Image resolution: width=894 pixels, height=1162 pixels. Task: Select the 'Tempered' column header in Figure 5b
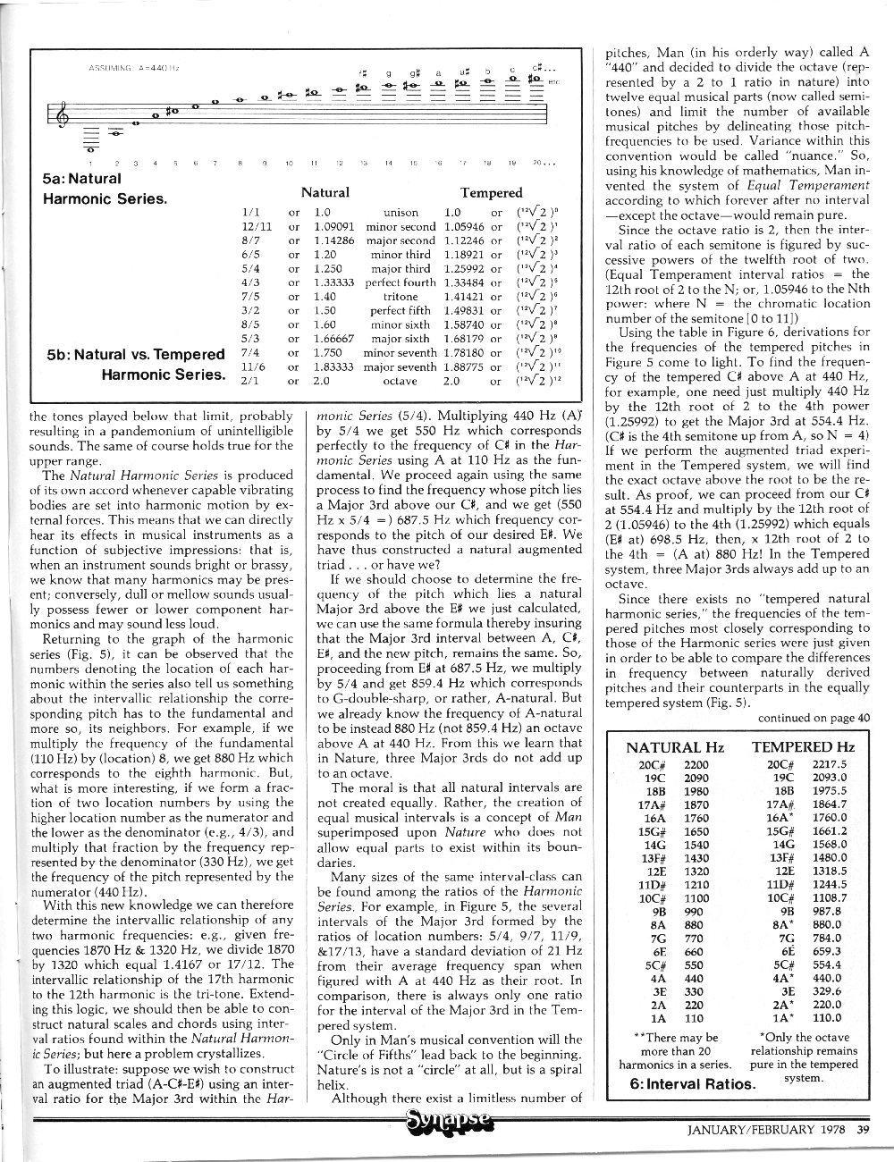click(491, 192)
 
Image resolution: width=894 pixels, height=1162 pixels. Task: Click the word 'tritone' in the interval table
click(401, 297)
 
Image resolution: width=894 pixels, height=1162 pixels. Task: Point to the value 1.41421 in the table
click(463, 297)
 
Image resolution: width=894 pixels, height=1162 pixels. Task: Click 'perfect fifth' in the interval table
click(401, 311)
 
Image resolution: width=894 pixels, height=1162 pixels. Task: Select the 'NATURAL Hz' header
click(675, 747)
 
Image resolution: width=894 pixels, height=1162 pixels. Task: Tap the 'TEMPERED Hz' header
click(803, 747)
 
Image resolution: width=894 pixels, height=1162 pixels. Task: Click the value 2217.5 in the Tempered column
click(829, 764)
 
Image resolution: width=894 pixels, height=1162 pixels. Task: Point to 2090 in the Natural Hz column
click(696, 778)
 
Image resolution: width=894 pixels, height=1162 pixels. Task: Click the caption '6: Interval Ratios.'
click(693, 1084)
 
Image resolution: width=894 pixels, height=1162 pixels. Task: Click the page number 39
click(863, 1129)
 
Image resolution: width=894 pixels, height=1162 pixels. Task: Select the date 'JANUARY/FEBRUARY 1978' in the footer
click(767, 1129)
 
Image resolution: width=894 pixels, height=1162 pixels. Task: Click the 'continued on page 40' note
click(813, 717)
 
